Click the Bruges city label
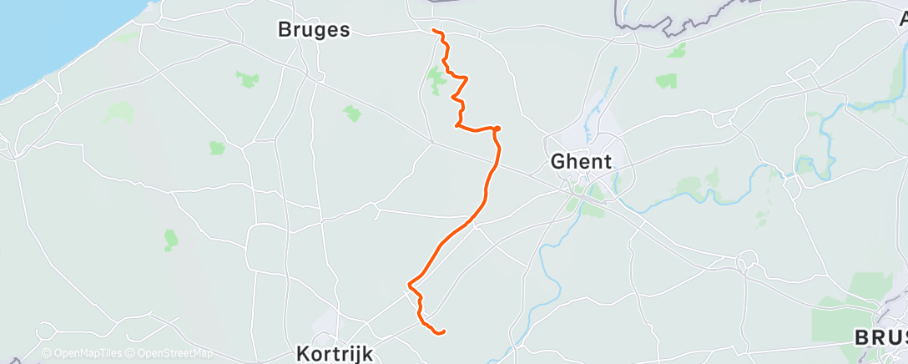tap(313, 29)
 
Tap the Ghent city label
tap(582, 161)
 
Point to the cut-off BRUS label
tap(880, 337)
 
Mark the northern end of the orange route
tap(434, 31)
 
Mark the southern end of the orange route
tap(442, 332)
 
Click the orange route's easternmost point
tap(498, 129)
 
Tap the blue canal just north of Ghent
tap(613, 83)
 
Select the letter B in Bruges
tap(284, 29)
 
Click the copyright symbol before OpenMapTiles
tap(46, 353)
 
